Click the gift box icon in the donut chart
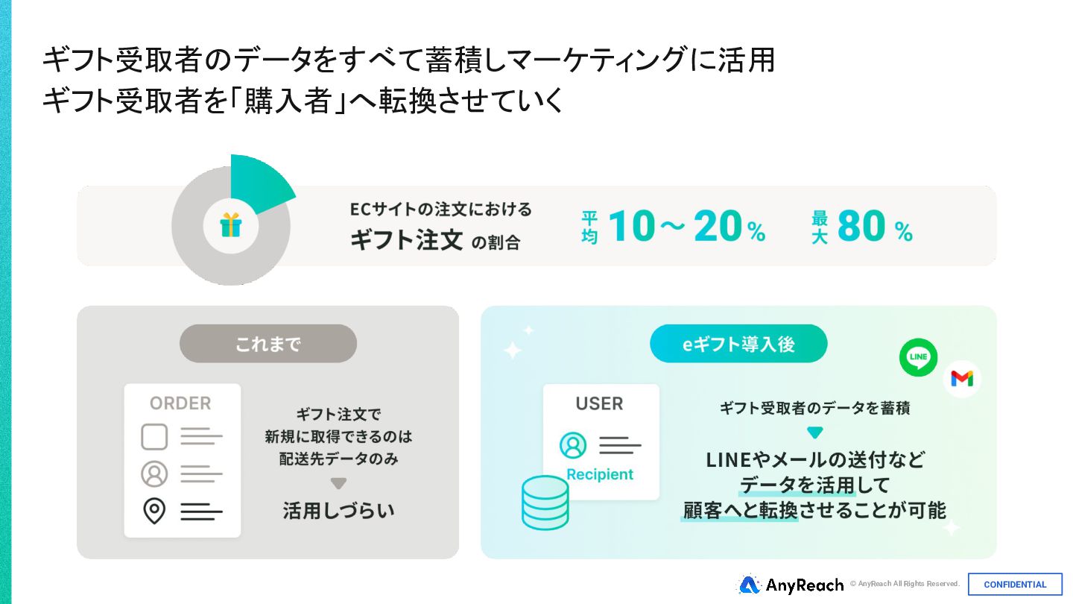[231, 224]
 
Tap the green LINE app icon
[918, 357]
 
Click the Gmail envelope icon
[961, 379]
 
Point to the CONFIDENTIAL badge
[1015, 585]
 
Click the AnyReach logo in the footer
[791, 585]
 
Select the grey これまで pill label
[268, 344]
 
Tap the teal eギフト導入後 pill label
[738, 344]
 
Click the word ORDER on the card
[180, 403]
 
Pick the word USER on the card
[599, 403]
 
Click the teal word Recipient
[600, 474]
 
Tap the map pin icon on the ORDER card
[154, 511]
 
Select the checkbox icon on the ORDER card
[154, 437]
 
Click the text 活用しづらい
[338, 510]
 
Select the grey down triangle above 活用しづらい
[338, 483]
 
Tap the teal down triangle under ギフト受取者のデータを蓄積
[814, 432]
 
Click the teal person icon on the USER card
[573, 445]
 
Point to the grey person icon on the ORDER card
[154, 474]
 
